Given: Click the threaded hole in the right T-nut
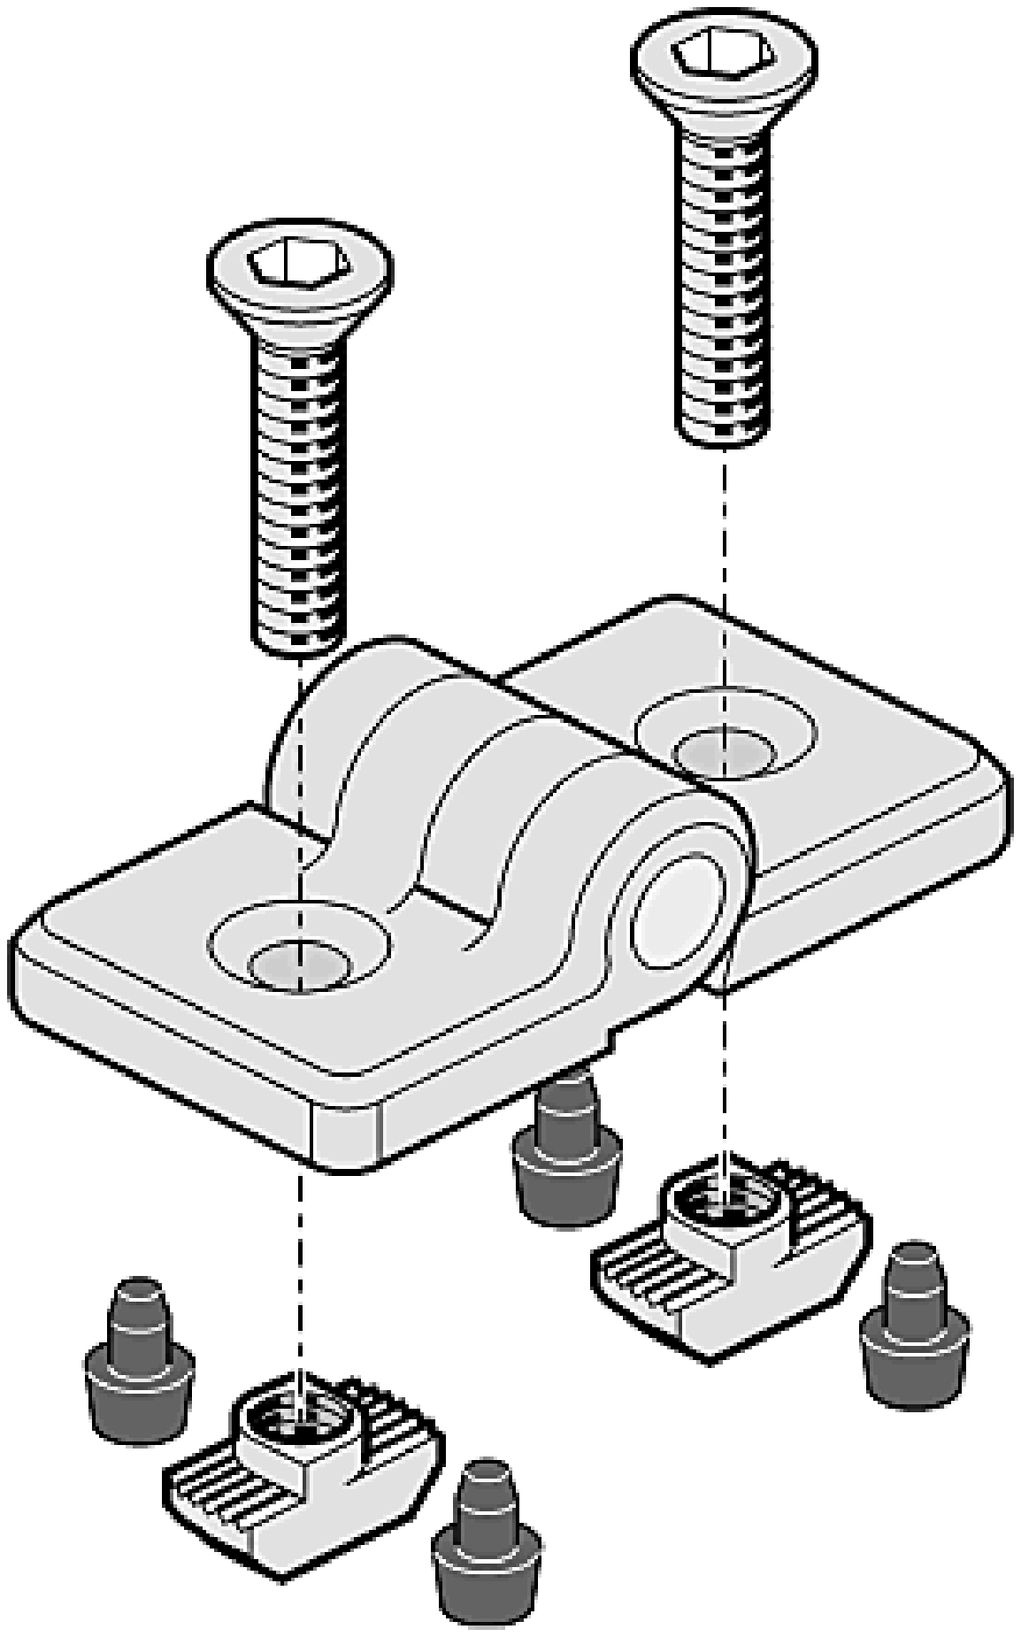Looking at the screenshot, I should coord(724,1203).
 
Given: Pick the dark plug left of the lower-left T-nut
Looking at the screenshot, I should coord(138,1363).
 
